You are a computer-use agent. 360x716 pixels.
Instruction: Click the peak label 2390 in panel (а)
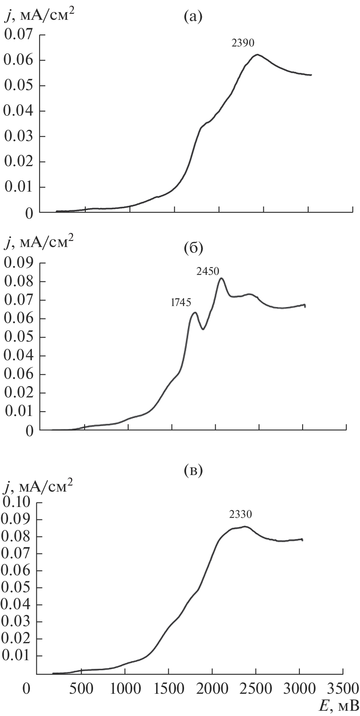coord(243,43)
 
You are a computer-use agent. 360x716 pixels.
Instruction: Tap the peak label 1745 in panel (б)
coord(180,302)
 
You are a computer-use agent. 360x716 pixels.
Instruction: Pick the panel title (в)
coord(193,471)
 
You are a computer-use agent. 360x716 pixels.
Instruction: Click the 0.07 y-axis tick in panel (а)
coord(18,35)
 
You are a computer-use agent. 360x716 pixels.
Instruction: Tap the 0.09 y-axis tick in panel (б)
coord(18,263)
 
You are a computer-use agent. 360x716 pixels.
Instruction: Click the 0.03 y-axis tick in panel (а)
coord(18,137)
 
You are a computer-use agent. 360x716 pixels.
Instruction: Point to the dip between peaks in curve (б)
coord(203,329)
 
